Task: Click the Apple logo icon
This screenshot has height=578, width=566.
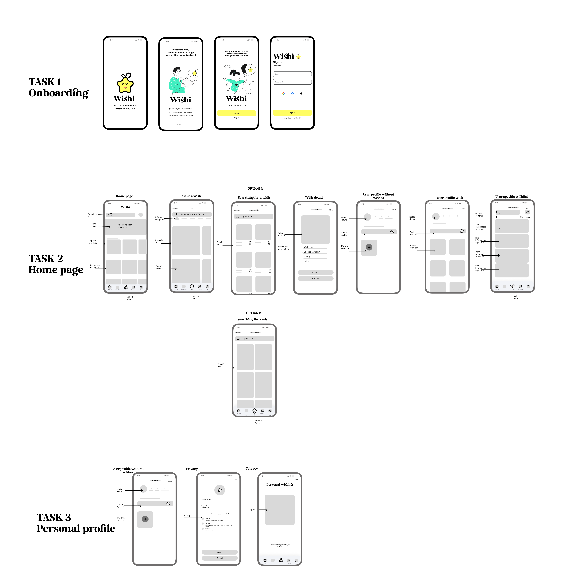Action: [x=301, y=94]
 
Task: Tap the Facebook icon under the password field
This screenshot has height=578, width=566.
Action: [x=292, y=94]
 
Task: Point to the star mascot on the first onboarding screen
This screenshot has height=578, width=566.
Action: [x=125, y=83]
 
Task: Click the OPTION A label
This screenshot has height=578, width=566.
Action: [x=255, y=188]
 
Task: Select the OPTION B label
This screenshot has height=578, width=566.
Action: [x=254, y=313]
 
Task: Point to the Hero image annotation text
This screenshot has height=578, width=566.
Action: [x=94, y=225]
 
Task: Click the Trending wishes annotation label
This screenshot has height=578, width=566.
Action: [x=160, y=267]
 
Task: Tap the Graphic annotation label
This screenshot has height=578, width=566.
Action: [x=251, y=509]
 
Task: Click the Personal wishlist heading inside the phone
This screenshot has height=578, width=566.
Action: [x=279, y=484]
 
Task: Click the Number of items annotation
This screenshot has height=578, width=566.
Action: [x=479, y=215]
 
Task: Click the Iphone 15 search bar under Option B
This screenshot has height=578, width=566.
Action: [x=255, y=339]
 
